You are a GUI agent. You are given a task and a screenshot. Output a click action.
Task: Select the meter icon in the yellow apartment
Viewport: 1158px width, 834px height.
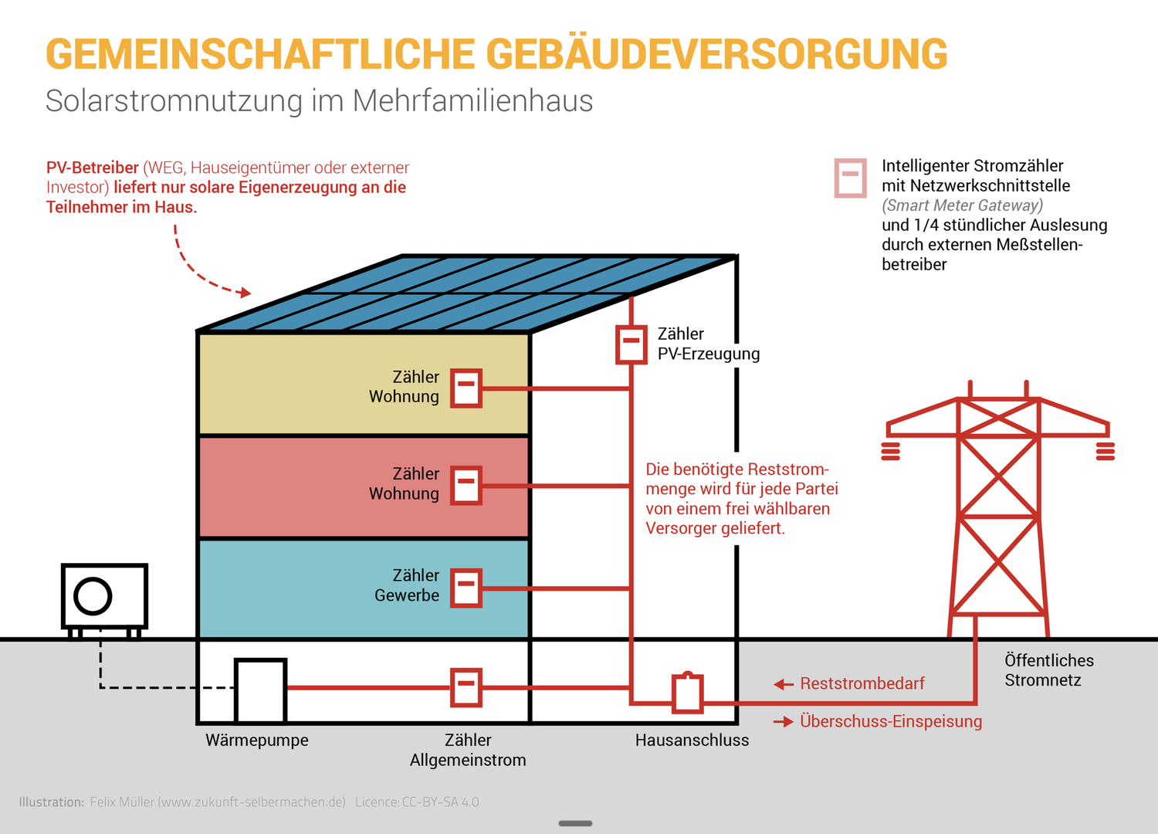pos(466,388)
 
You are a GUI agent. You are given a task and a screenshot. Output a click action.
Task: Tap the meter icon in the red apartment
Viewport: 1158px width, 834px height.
pos(466,486)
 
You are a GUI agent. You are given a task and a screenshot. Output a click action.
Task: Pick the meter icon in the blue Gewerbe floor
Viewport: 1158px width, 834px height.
pos(466,588)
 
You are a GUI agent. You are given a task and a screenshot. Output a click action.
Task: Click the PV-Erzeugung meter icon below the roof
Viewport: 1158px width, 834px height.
pos(631,344)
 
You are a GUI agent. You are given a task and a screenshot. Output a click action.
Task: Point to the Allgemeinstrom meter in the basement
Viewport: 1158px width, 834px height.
pos(466,687)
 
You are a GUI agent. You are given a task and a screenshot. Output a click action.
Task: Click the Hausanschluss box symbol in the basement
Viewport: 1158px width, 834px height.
pos(687,693)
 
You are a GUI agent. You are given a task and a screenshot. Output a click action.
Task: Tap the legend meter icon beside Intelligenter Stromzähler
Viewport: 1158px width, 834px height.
pos(850,178)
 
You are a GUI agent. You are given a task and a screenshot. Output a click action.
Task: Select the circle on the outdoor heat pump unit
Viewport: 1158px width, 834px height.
pos(93,596)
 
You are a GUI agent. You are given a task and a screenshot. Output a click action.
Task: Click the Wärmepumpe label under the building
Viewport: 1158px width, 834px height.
pos(256,740)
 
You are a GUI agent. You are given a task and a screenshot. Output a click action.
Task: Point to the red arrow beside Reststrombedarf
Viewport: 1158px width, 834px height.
pos(784,684)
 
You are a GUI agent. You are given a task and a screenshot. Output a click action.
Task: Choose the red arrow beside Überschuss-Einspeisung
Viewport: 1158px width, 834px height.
pos(784,722)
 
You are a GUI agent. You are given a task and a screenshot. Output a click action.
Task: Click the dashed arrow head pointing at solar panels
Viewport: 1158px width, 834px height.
pos(245,293)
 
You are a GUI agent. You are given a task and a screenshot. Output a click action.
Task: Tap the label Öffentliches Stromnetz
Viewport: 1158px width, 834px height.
pos(1048,670)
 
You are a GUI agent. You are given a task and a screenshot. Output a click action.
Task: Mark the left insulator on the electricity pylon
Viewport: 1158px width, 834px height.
pos(890,451)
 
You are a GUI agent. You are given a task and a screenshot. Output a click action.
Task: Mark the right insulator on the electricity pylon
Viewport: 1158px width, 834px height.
pos(1106,451)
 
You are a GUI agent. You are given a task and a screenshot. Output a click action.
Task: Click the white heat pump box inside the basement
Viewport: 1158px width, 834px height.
pos(261,690)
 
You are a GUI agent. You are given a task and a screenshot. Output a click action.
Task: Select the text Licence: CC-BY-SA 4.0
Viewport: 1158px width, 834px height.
pos(417,802)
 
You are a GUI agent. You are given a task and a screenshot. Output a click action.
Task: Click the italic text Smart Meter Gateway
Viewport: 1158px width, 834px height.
pos(962,205)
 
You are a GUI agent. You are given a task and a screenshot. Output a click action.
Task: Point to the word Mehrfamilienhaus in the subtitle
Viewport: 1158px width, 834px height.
pos(472,101)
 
